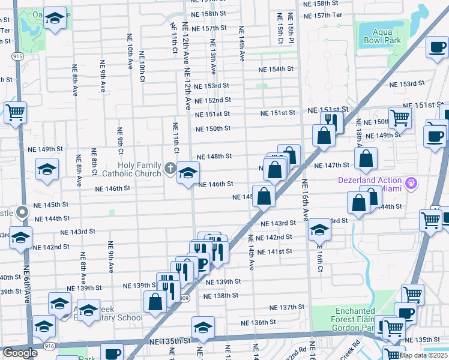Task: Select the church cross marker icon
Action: pos(170,169)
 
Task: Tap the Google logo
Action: pos(19,353)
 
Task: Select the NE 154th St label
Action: pos(276,69)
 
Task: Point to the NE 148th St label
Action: pos(214,156)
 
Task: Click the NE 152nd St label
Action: pos(212,100)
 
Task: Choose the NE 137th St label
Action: pos(288,307)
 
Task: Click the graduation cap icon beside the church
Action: pos(188,173)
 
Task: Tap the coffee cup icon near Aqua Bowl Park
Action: pos(436,47)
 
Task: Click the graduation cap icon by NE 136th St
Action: pos(203,328)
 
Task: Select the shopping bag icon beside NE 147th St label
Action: pos(366,159)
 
